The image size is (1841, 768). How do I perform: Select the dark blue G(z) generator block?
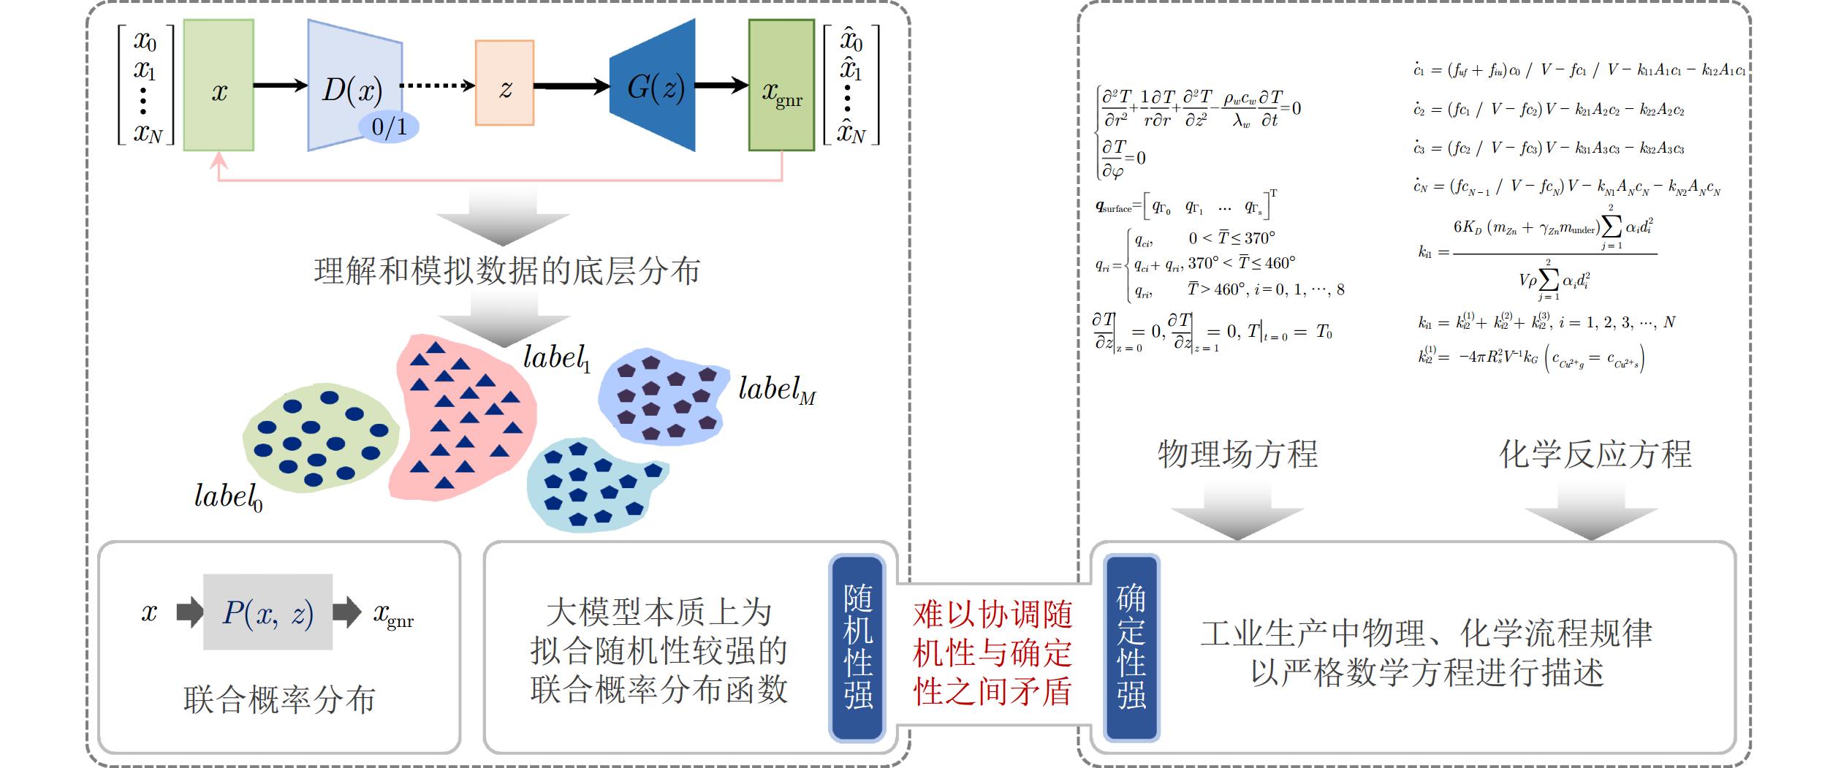click(x=654, y=85)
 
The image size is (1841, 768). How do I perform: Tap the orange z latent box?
click(x=504, y=83)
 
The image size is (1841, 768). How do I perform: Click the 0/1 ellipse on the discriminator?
click(x=389, y=126)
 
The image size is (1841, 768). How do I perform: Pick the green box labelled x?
click(x=219, y=85)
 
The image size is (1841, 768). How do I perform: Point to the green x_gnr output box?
click(x=781, y=85)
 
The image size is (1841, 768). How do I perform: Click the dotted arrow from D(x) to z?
click(x=437, y=85)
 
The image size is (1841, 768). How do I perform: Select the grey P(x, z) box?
click(x=267, y=612)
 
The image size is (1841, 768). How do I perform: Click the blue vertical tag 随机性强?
click(x=857, y=647)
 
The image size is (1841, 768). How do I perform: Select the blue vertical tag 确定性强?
click(x=1131, y=647)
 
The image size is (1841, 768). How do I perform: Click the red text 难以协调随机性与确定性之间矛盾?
click(x=992, y=653)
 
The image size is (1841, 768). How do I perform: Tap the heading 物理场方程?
click(x=1237, y=455)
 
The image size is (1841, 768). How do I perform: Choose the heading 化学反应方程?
click(x=1595, y=455)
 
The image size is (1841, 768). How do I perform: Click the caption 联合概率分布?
click(x=279, y=699)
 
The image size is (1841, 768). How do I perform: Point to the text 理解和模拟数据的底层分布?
click(x=506, y=271)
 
